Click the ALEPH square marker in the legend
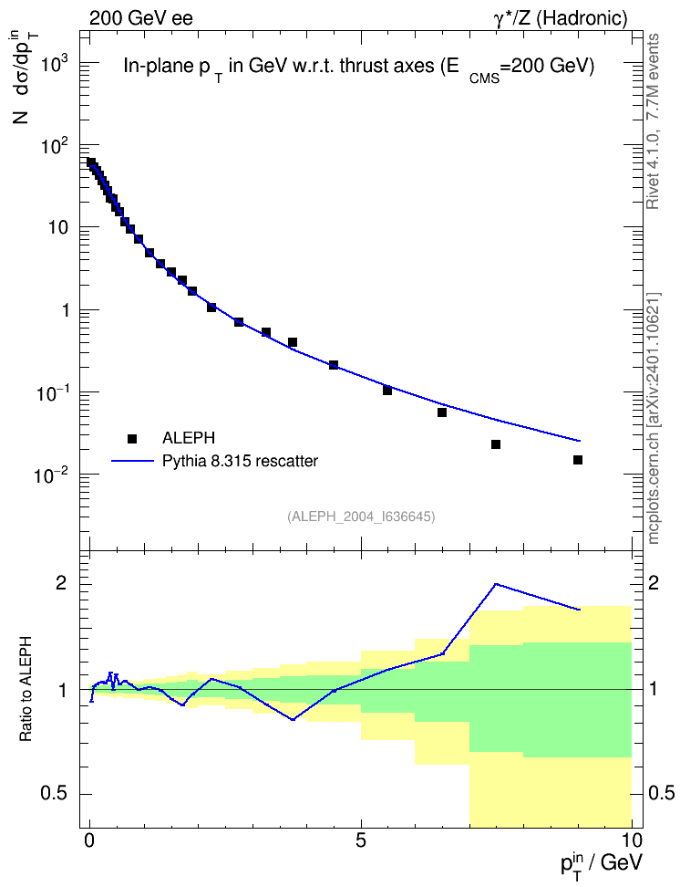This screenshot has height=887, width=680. pyautogui.click(x=132, y=438)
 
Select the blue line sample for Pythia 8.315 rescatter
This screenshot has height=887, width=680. pyautogui.click(x=132, y=461)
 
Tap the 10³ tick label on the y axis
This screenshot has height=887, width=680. pyautogui.click(x=55, y=64)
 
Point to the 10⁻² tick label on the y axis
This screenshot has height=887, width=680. pyautogui.click(x=51, y=475)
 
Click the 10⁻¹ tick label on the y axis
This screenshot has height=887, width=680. pyautogui.click(x=51, y=392)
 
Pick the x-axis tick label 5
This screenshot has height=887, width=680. pyautogui.click(x=361, y=840)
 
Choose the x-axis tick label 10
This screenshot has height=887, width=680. pyautogui.click(x=632, y=840)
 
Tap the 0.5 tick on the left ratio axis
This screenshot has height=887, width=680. pyautogui.click(x=55, y=794)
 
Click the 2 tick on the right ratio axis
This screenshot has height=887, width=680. pyautogui.click(x=654, y=584)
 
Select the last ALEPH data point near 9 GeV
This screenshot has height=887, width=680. pyautogui.click(x=578, y=460)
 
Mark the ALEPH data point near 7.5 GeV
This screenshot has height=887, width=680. pyautogui.click(x=496, y=444)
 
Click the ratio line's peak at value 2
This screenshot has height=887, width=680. pyautogui.click(x=496, y=584)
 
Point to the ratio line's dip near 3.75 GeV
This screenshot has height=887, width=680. pyautogui.click(x=293, y=720)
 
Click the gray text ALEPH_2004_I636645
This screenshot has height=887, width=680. pyautogui.click(x=361, y=517)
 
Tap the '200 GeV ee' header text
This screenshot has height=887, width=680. pyautogui.click(x=140, y=18)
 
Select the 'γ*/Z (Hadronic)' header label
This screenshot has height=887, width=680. pyautogui.click(x=561, y=19)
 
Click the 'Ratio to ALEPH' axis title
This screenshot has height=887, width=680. pyautogui.click(x=26, y=689)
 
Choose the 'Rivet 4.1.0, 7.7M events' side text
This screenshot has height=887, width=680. pyautogui.click(x=653, y=121)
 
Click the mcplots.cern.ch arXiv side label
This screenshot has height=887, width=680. pyautogui.click(x=654, y=418)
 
